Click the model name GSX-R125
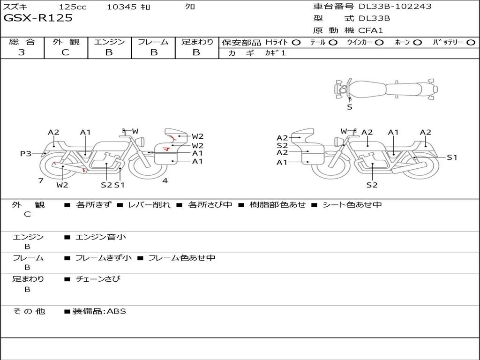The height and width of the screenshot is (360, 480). pos(38,18)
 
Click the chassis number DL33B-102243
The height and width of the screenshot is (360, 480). pos(395,7)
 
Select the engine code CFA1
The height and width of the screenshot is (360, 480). pos(370,30)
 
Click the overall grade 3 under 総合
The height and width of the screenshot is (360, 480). pos(22,52)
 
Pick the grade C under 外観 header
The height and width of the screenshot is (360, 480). pos(65,52)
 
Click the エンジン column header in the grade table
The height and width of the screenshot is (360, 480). pos(109,42)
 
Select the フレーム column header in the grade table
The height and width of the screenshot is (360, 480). pos(153,42)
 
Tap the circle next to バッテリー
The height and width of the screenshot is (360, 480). pos(471,42)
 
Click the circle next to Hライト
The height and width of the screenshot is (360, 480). pos(296,42)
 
